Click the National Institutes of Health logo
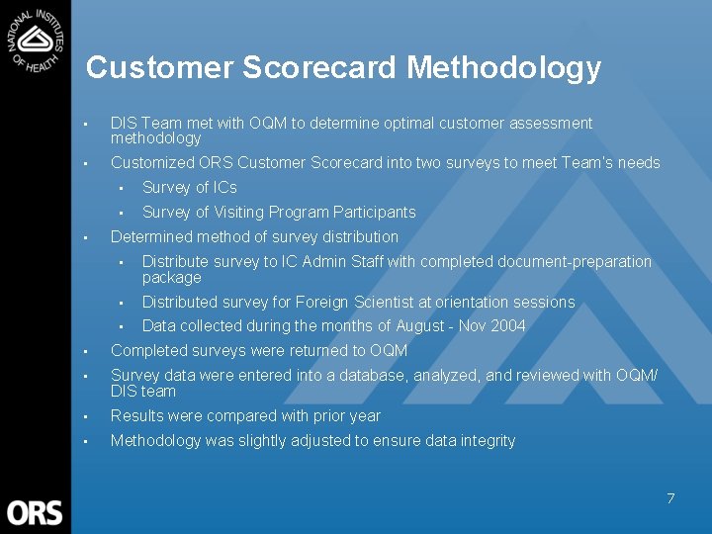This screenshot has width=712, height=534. coord(36,40)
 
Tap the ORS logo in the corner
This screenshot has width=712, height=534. coord(35,513)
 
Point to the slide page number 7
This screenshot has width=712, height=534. coord(669,498)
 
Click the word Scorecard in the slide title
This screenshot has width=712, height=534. coord(320,67)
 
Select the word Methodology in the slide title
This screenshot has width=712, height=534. coord(503,67)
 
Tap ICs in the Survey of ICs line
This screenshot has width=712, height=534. coord(224,188)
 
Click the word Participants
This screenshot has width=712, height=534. coord(375,213)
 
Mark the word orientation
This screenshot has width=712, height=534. coord(463,303)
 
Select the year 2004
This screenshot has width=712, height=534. coord(507,326)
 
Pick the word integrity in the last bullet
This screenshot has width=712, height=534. coord(487,441)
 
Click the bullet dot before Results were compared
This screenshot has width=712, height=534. coord(87,416)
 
